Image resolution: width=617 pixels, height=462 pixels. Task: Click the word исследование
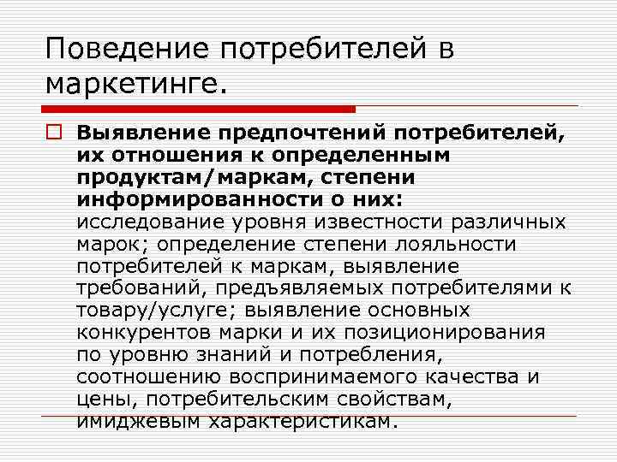(153, 222)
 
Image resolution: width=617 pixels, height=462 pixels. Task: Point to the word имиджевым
(129, 421)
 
